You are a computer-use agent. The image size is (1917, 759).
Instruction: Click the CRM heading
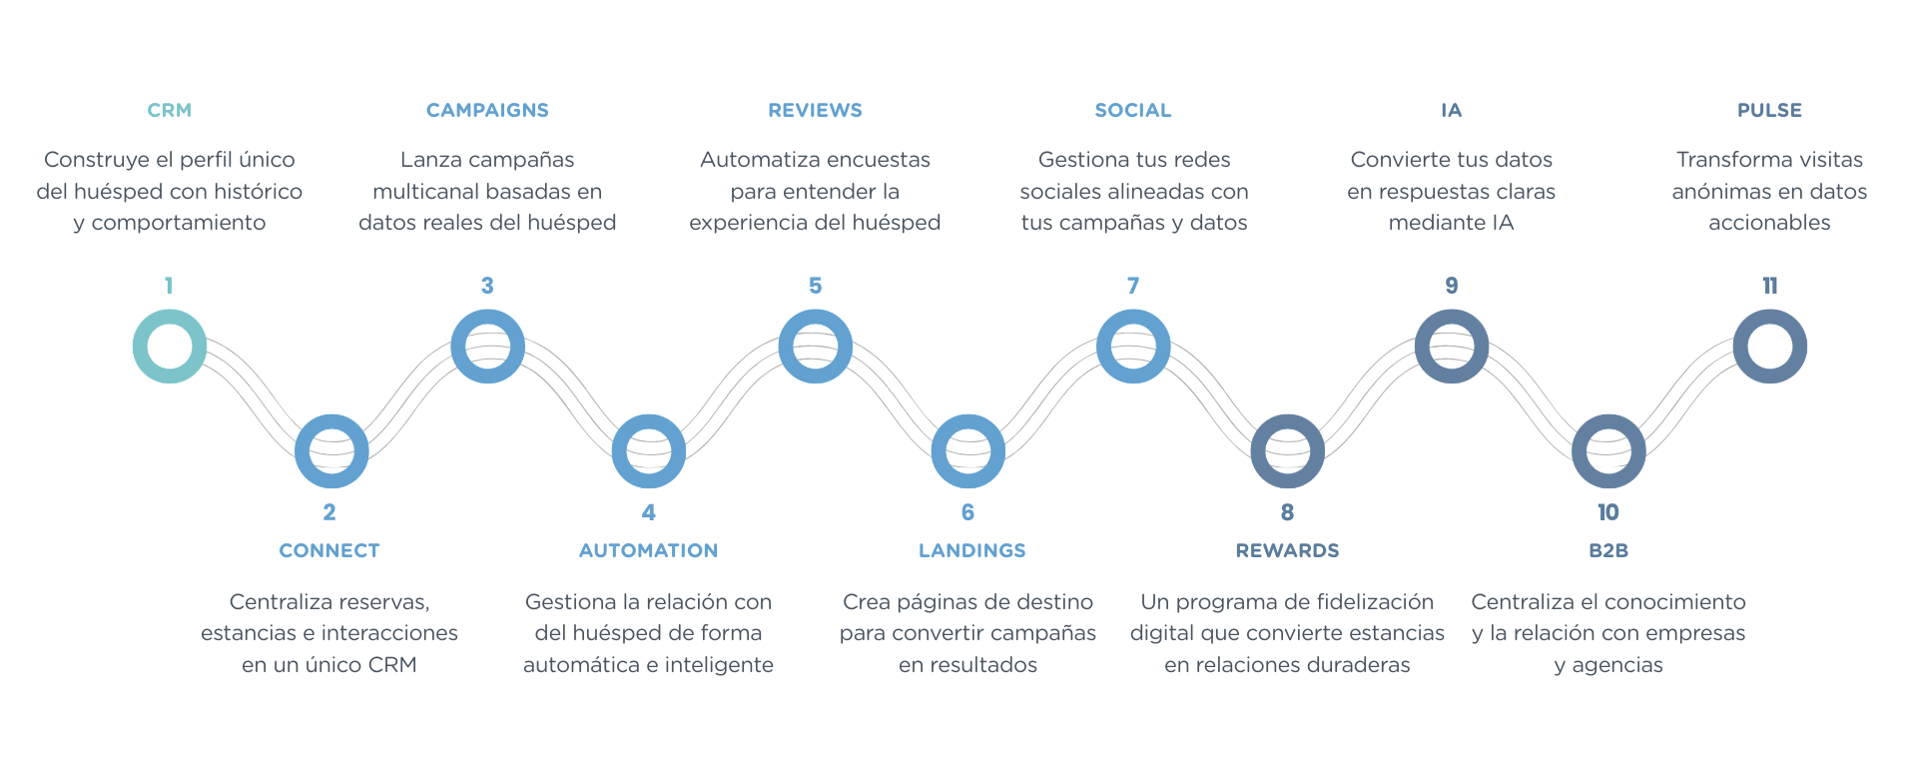click(x=169, y=111)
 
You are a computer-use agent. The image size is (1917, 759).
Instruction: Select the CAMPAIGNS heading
click(x=487, y=111)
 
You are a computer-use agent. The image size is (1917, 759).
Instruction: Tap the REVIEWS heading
click(x=815, y=111)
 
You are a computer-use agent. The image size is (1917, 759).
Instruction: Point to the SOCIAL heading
click(x=1133, y=111)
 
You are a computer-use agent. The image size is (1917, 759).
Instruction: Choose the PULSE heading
click(x=1769, y=111)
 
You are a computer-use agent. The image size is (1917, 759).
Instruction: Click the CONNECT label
click(x=329, y=550)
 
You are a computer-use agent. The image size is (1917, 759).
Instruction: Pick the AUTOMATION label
click(x=648, y=550)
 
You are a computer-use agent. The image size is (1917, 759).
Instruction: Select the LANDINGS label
click(x=971, y=550)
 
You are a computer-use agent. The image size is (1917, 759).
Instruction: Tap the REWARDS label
click(x=1287, y=550)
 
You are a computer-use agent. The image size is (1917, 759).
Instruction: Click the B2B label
click(x=1607, y=550)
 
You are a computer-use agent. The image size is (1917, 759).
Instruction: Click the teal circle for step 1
click(x=170, y=347)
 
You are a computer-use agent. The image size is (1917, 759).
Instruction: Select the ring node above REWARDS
click(x=1287, y=451)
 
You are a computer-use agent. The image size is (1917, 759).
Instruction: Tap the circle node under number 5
click(x=815, y=347)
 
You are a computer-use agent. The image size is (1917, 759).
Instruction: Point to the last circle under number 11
click(x=1769, y=347)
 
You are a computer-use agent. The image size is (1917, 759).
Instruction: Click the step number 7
click(x=1133, y=286)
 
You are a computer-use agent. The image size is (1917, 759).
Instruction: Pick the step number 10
click(x=1607, y=512)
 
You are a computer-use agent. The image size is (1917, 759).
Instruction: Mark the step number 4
click(x=649, y=512)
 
